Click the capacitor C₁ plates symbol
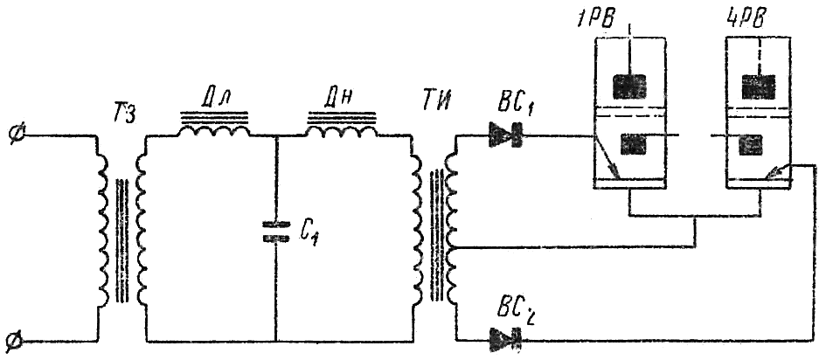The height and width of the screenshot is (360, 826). point(275,231)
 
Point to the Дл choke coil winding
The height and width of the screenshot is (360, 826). point(214,130)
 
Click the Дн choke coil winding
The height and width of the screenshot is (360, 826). point(338,130)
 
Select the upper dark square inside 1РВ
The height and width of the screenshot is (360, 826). point(629,85)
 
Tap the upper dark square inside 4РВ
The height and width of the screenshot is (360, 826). point(754,85)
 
